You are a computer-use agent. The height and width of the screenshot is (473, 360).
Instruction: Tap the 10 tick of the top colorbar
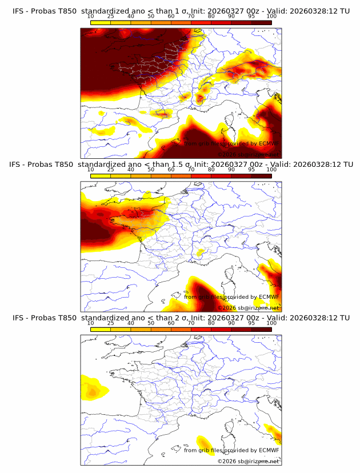[91, 17]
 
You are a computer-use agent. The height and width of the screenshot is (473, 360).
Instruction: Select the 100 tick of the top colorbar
[271, 17]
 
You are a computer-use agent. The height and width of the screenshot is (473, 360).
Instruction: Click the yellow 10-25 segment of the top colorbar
[101, 23]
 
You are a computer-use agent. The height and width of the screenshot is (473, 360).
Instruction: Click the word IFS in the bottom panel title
[19, 318]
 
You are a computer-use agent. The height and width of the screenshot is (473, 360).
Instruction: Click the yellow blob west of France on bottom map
[94, 388]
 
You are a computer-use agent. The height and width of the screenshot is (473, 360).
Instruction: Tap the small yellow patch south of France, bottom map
[202, 442]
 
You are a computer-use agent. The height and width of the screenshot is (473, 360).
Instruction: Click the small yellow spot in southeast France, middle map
[200, 252]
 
